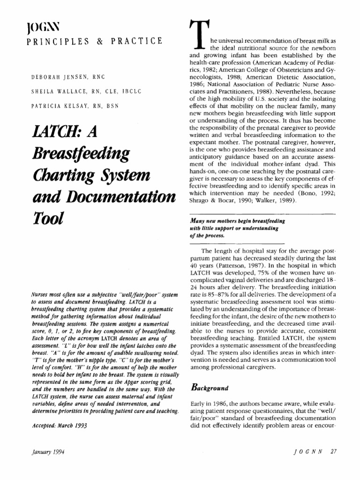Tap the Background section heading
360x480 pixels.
[x=210, y=388]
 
